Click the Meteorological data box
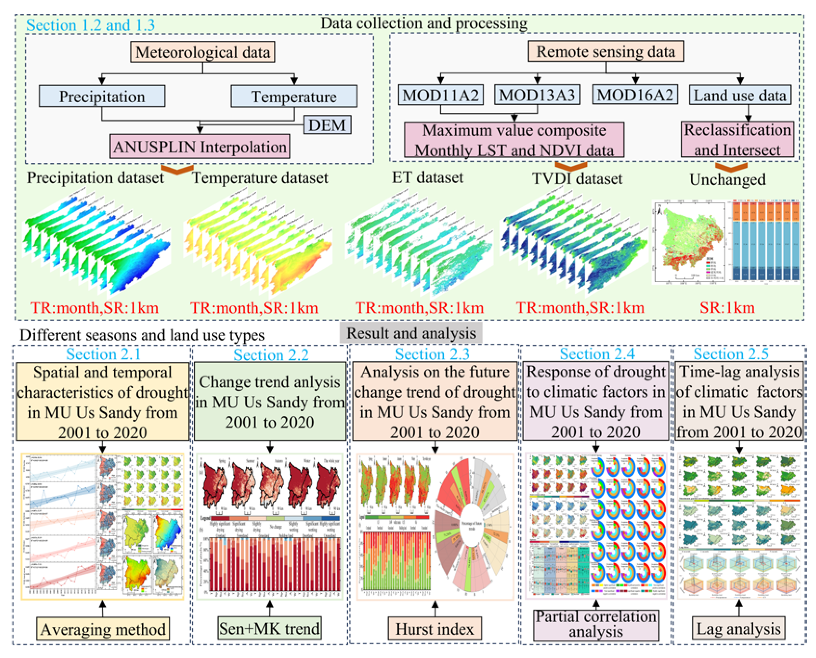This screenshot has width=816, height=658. (202, 52)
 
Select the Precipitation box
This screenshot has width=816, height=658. (102, 96)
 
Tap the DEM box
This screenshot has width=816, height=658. (327, 125)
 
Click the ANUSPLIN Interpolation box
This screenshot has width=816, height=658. (200, 146)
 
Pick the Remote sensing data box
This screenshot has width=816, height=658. (605, 51)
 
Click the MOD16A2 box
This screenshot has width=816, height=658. (635, 95)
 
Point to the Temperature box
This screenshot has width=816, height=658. (294, 96)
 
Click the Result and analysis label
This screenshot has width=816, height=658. (411, 333)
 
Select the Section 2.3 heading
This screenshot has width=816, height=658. (432, 354)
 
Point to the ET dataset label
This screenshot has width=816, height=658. (427, 178)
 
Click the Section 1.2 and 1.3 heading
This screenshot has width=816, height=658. (91, 25)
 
